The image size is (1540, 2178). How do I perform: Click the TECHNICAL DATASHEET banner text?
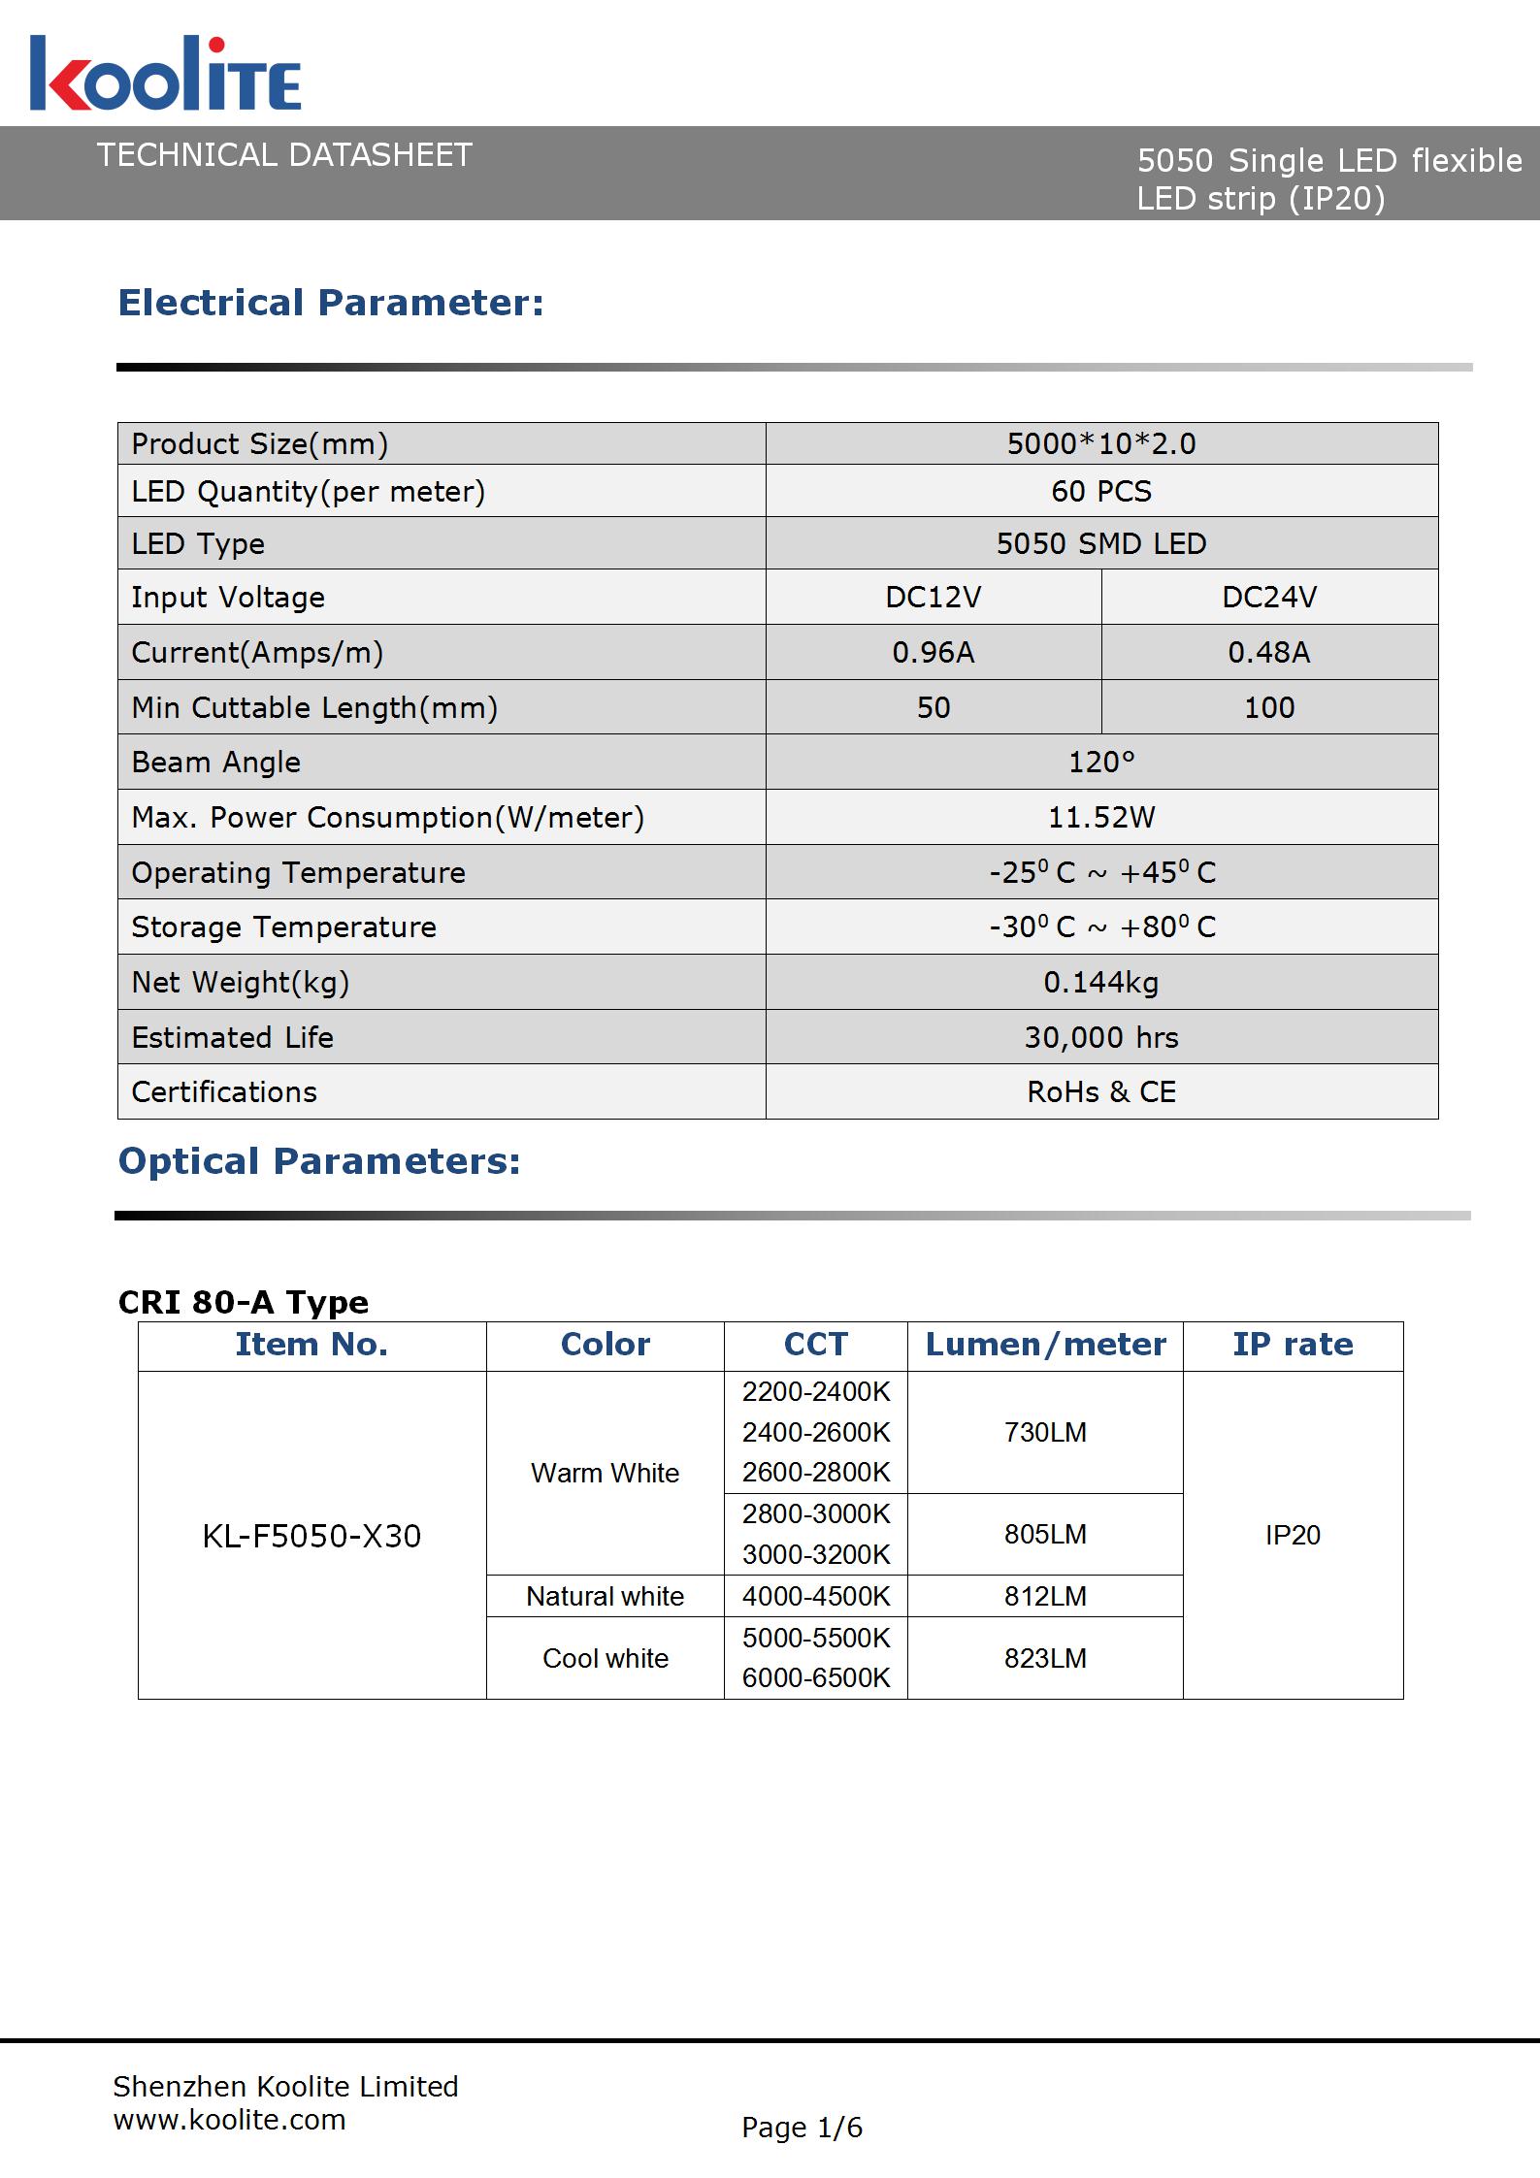(284, 155)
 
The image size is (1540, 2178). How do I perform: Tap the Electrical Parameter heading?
(331, 303)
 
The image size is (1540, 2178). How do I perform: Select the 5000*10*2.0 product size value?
(1100, 444)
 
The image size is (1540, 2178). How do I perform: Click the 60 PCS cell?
(1100, 491)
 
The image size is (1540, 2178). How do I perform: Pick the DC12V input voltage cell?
(933, 597)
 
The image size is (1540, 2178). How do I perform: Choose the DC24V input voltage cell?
(1268, 597)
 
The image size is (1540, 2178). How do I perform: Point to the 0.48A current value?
(1268, 652)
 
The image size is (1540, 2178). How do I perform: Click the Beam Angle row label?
(216, 763)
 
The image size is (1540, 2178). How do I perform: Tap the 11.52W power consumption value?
(1100, 817)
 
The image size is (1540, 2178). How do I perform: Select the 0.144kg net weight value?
(1100, 983)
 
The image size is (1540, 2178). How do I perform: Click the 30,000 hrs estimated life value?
(1100, 1038)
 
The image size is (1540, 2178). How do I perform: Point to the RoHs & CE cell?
(1100, 1092)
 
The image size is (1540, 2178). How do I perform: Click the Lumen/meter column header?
(1045, 1345)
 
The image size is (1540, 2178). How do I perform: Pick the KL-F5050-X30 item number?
(311, 1536)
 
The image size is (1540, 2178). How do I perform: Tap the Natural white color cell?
(605, 1596)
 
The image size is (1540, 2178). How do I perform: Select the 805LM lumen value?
(1045, 1534)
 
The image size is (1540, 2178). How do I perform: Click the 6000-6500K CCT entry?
(815, 1677)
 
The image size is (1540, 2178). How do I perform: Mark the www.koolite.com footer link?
(229, 2120)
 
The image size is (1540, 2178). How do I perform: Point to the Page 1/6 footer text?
(802, 2128)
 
